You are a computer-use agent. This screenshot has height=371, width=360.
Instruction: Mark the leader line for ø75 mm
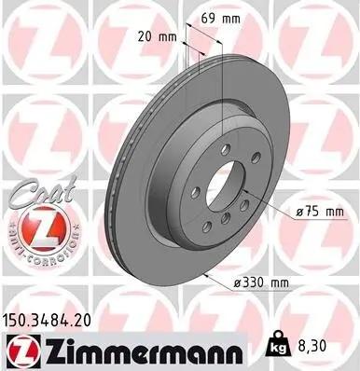pos(270,209)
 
